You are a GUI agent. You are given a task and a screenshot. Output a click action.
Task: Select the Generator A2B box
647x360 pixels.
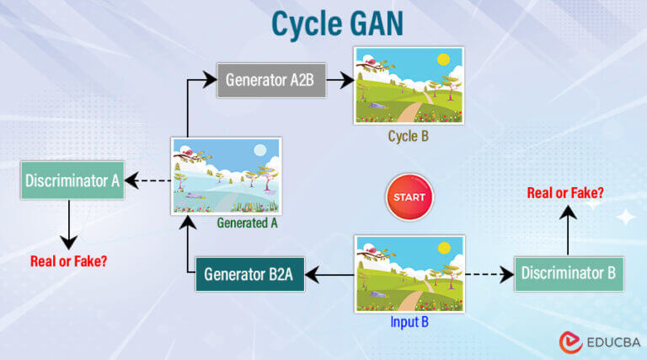270,81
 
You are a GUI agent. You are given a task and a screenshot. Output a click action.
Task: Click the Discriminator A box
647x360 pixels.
72,180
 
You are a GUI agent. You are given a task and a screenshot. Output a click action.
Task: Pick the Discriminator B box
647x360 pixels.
569,273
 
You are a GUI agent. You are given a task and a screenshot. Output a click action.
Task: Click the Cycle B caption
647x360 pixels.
409,136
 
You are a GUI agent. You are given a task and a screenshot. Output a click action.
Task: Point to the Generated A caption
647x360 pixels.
247,223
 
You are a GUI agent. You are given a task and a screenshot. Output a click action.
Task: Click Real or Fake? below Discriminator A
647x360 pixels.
67,261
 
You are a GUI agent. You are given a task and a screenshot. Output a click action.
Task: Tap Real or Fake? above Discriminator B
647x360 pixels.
565,193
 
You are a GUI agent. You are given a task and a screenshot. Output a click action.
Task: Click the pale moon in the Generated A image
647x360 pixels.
260,150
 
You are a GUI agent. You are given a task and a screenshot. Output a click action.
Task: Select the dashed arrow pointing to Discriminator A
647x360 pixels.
148,180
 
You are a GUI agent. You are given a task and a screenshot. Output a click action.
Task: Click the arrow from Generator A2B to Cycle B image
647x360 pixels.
338,81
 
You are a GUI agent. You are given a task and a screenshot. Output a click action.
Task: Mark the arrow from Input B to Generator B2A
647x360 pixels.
329,274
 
